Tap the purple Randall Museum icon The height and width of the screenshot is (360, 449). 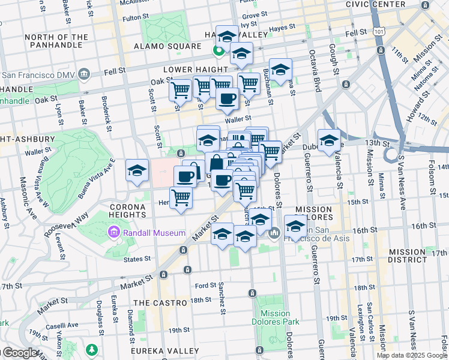113,232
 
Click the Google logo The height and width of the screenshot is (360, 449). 19,353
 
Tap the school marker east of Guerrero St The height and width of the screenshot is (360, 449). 329,141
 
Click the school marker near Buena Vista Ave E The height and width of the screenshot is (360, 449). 137,170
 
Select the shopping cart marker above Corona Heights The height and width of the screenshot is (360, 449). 181,197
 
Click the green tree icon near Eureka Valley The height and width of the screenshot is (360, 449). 91,349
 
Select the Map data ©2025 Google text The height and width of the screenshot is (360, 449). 412,355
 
